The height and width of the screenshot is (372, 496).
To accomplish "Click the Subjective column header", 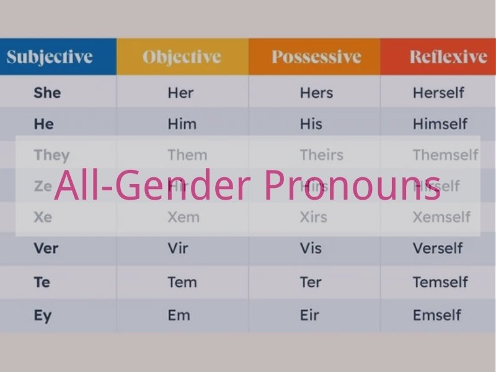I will [x=50, y=58].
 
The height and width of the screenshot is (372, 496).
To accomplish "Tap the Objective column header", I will [x=182, y=58].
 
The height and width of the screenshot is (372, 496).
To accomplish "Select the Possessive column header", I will [x=316, y=58].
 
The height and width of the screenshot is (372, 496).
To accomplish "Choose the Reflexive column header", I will [x=448, y=58].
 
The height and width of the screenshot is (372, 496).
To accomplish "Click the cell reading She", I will [x=47, y=93].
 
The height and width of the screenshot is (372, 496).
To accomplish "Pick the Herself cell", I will [x=438, y=93].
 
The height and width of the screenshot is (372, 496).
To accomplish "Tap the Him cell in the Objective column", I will [x=182, y=124].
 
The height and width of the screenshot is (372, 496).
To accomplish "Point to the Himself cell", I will [x=440, y=124].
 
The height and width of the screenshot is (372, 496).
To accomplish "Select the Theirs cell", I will [x=321, y=155].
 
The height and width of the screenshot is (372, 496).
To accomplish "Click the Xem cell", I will [x=184, y=217].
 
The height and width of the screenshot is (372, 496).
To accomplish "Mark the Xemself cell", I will [x=441, y=217].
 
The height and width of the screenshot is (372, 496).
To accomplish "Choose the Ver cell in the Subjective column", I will [x=46, y=249].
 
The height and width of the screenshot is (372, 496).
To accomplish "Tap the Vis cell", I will [x=311, y=249].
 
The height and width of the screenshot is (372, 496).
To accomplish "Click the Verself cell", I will [x=438, y=249].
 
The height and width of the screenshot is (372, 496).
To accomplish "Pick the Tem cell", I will [x=182, y=282].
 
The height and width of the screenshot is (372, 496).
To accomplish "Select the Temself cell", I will [x=440, y=282].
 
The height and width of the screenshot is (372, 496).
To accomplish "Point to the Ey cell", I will [x=43, y=315].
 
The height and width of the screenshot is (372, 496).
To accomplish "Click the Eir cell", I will [x=309, y=315].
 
